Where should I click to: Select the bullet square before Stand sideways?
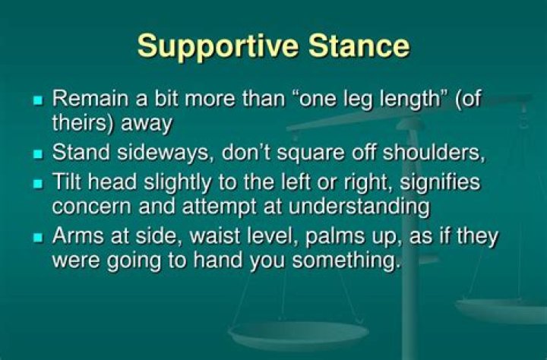point(39,154)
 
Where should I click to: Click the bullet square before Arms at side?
point(39,238)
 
